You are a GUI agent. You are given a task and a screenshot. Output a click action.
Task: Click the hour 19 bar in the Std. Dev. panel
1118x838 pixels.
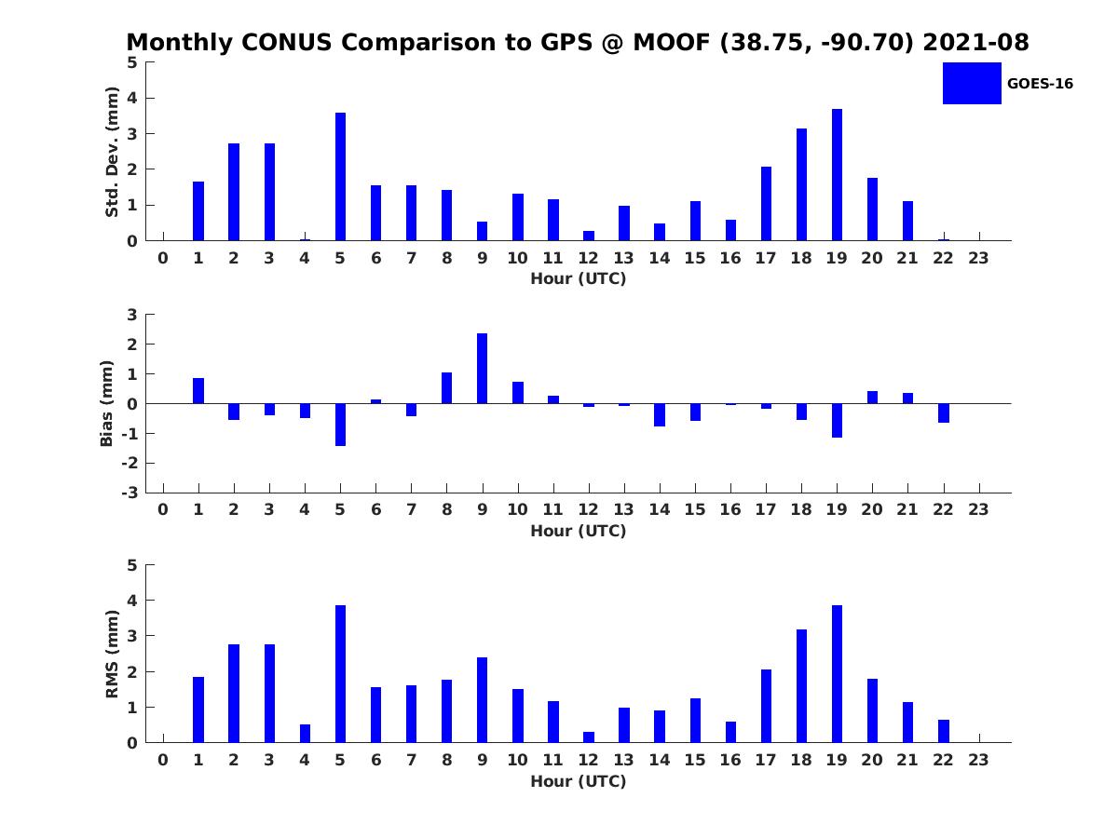pyautogui.click(x=837, y=175)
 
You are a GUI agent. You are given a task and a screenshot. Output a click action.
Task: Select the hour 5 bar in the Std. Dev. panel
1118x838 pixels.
pyautogui.click(x=340, y=177)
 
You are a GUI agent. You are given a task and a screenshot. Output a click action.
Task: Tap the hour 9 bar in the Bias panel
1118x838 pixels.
pyautogui.click(x=482, y=369)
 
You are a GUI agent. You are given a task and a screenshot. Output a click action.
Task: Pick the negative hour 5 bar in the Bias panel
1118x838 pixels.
pyautogui.click(x=340, y=425)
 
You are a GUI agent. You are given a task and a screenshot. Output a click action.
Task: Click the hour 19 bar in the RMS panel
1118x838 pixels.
pyautogui.click(x=837, y=674)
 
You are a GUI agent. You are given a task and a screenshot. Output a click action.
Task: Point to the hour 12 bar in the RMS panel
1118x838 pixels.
pyautogui.click(x=589, y=737)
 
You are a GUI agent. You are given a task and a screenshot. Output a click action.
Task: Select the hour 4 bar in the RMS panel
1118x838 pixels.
pyautogui.click(x=305, y=733)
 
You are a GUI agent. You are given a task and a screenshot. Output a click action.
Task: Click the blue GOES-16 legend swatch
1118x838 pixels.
pyautogui.click(x=972, y=83)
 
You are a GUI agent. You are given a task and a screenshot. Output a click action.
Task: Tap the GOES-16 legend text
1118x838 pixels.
pyautogui.click(x=1040, y=84)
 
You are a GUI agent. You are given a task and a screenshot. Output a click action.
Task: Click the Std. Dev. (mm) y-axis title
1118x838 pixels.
pyautogui.click(x=112, y=152)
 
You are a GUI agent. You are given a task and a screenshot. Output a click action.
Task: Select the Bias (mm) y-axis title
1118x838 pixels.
pyautogui.click(x=108, y=403)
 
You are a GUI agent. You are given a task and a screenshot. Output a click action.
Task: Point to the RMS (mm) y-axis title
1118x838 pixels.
pyautogui.click(x=112, y=654)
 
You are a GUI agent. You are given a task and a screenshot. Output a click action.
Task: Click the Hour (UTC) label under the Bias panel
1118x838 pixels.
pyautogui.click(x=578, y=532)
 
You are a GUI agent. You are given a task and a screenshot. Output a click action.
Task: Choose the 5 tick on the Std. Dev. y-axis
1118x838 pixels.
pyautogui.click(x=133, y=62)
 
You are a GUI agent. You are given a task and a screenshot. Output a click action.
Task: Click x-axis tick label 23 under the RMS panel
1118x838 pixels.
pyautogui.click(x=978, y=760)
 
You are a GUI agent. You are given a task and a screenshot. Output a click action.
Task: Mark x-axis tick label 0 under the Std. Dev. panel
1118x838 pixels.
pyautogui.click(x=163, y=258)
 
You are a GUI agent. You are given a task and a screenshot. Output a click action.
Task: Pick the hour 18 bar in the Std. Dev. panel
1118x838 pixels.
pyautogui.click(x=801, y=184)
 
